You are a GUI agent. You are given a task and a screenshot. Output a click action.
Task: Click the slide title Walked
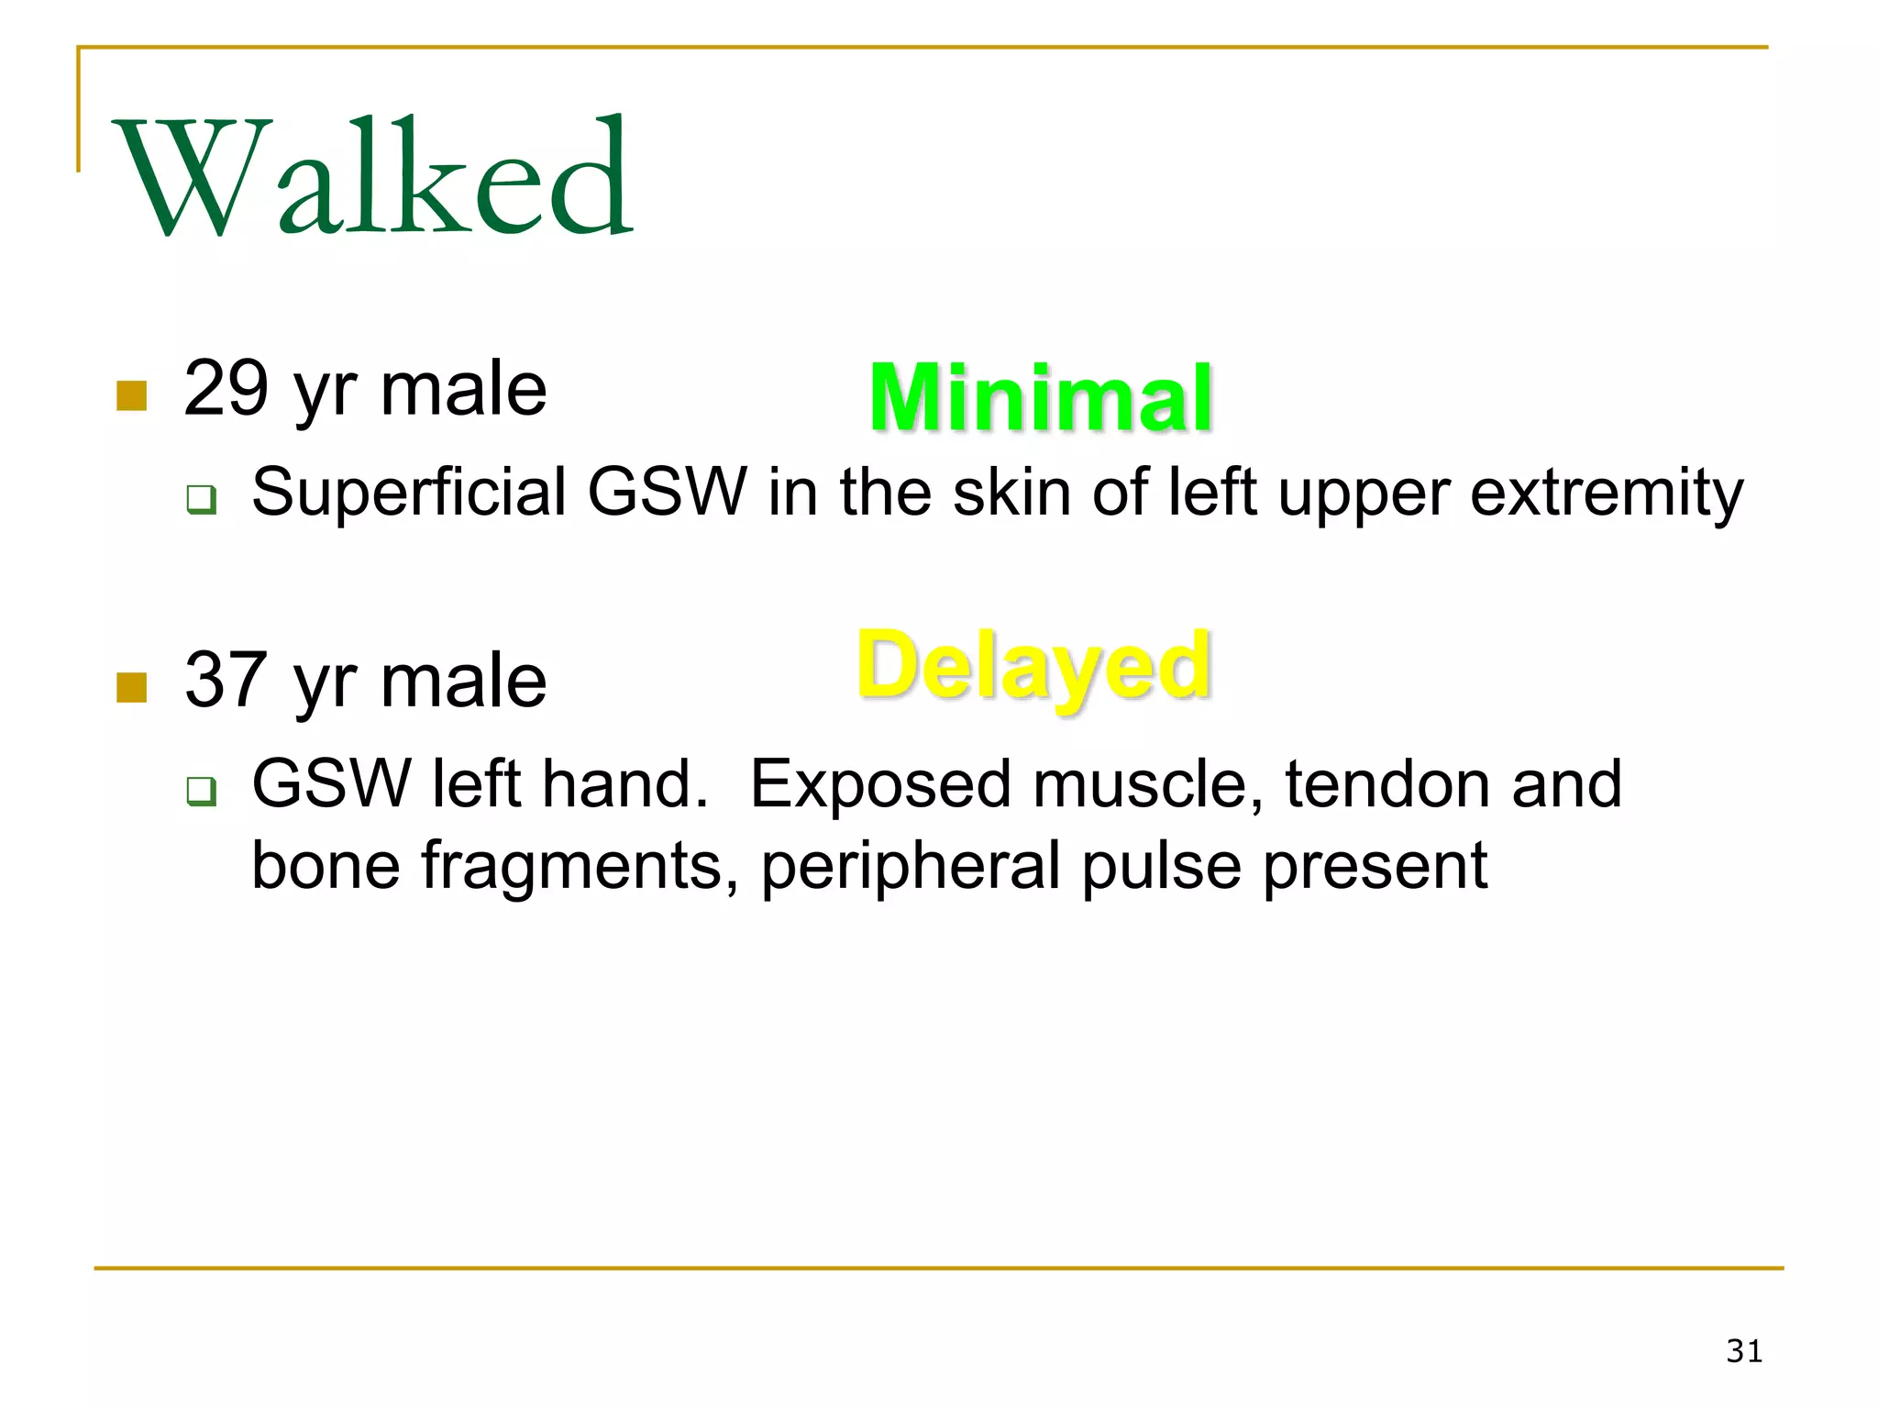pyautogui.click(x=371, y=176)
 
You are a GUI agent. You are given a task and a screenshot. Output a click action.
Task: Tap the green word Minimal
pyautogui.click(x=1041, y=398)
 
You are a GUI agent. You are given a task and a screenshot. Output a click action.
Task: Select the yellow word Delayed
pyautogui.click(x=1033, y=667)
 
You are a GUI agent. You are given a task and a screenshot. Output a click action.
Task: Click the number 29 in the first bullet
pyautogui.click(x=226, y=389)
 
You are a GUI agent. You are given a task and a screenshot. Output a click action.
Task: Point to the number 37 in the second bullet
pyautogui.click(x=226, y=680)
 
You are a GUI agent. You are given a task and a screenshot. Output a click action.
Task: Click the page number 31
pyautogui.click(x=1743, y=1351)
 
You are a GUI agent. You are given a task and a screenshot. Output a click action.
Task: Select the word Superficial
pyautogui.click(x=409, y=493)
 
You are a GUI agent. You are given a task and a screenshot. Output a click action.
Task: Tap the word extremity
pyautogui.click(x=1607, y=493)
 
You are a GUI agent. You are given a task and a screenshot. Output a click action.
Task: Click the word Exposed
pyautogui.click(x=879, y=785)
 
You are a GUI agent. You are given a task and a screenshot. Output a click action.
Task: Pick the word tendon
pyautogui.click(x=1387, y=785)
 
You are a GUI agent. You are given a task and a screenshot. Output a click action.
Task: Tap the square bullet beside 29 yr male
pyautogui.click(x=132, y=396)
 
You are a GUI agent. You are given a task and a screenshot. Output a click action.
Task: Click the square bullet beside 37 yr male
pyautogui.click(x=132, y=687)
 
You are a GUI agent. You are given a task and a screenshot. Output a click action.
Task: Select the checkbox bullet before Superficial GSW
pyautogui.click(x=201, y=500)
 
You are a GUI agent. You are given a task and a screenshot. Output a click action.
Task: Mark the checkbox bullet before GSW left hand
pyautogui.click(x=201, y=791)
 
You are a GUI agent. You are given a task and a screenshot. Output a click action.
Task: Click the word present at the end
pyautogui.click(x=1375, y=866)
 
